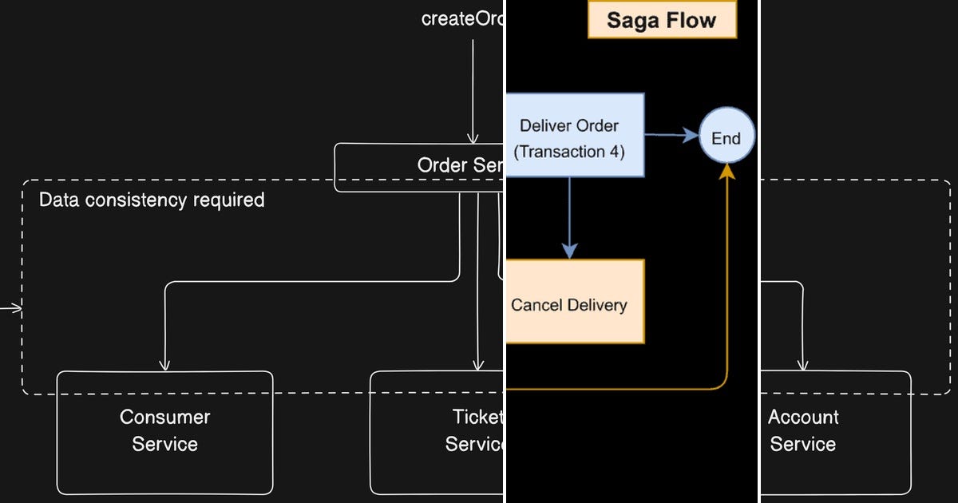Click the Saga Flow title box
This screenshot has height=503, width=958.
(662, 19)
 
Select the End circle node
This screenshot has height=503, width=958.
(726, 138)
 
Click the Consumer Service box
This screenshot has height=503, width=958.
(164, 432)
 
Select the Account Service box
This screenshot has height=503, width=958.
(834, 432)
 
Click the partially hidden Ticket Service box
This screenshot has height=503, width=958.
(437, 432)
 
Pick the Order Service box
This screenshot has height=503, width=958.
(419, 167)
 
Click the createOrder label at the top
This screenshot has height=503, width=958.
(462, 19)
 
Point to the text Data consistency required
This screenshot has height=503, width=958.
(152, 200)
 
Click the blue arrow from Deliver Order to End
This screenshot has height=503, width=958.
(671, 136)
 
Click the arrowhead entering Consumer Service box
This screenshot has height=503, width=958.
(164, 365)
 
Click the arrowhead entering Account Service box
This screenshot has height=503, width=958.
(803, 365)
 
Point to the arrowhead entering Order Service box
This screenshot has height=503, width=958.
(473, 137)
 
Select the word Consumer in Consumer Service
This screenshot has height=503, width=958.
(164, 417)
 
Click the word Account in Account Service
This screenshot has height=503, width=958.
(803, 417)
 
